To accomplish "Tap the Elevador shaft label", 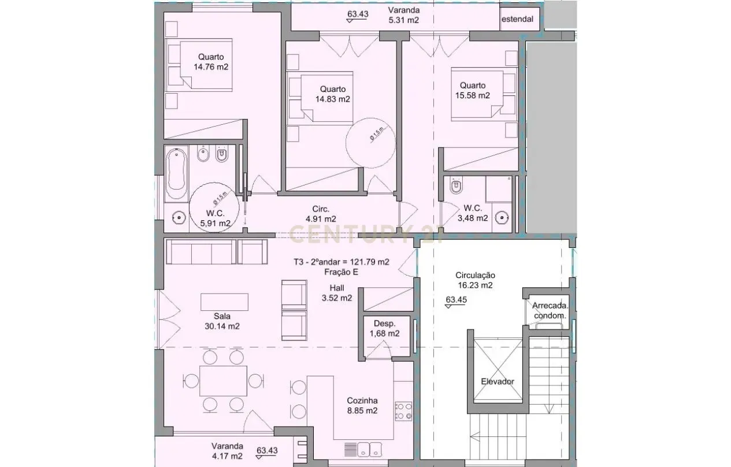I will pyautogui.click(x=497, y=381).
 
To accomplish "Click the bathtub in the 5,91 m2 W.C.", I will pyautogui.click(x=176, y=173).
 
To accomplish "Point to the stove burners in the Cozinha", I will pyautogui.click(x=403, y=410).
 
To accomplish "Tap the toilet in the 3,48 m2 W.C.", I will pyautogui.click(x=456, y=186).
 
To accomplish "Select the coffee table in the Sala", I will pyautogui.click(x=224, y=302).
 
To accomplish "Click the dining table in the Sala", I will pyautogui.click(x=223, y=380).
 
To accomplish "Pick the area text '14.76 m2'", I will pyautogui.click(x=211, y=66).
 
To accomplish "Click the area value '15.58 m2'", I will pyautogui.click(x=472, y=95).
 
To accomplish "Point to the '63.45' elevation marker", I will pyautogui.click(x=457, y=300).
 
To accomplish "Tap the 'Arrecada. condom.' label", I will pyautogui.click(x=550, y=310).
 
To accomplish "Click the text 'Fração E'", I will pyautogui.click(x=341, y=272).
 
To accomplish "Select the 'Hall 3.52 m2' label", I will pyautogui.click(x=337, y=293).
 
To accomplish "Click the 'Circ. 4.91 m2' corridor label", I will pyautogui.click(x=321, y=214).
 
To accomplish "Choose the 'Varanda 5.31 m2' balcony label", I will pyautogui.click(x=403, y=15).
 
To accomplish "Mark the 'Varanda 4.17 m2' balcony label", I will pyautogui.click(x=227, y=451).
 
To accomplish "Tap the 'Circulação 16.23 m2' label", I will pyautogui.click(x=474, y=280).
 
